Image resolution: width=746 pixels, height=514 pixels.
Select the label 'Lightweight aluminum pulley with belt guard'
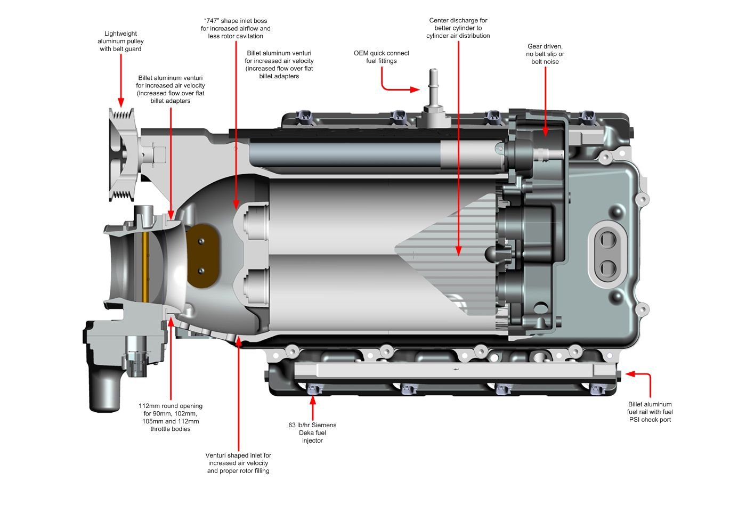tap(120, 42)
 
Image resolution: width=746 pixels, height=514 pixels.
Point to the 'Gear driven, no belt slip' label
tap(545, 54)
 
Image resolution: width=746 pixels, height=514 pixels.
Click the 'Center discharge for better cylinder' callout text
tap(458, 28)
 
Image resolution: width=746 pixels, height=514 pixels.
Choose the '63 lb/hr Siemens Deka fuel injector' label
tap(312, 433)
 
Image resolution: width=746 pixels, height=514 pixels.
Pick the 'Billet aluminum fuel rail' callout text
tap(650, 412)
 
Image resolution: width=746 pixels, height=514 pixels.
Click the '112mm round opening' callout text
tap(171, 417)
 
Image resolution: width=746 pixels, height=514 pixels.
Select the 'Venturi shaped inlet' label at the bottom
tap(238, 463)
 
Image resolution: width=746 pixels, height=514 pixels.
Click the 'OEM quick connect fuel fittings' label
tap(382, 57)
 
